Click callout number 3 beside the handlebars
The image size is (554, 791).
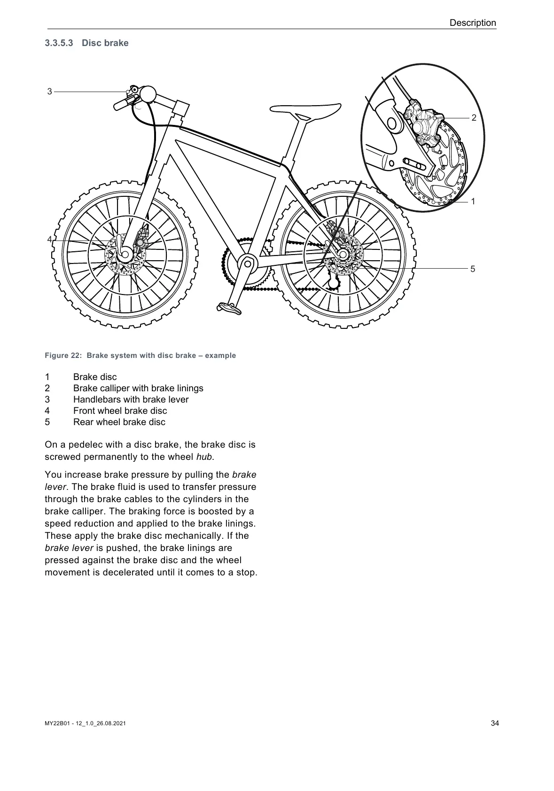(50, 92)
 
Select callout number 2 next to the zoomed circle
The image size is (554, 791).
(474, 118)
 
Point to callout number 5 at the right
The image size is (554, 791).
(473, 269)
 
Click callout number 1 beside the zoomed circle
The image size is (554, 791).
(473, 202)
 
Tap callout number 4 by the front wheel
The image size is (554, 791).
(49, 240)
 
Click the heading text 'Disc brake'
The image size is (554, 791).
(105, 43)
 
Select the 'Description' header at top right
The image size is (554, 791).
(472, 23)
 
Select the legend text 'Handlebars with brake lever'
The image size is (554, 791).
(131, 400)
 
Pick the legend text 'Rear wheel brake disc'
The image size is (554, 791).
(119, 422)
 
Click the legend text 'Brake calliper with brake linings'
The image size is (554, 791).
(138, 388)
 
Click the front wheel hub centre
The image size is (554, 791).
(125, 254)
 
